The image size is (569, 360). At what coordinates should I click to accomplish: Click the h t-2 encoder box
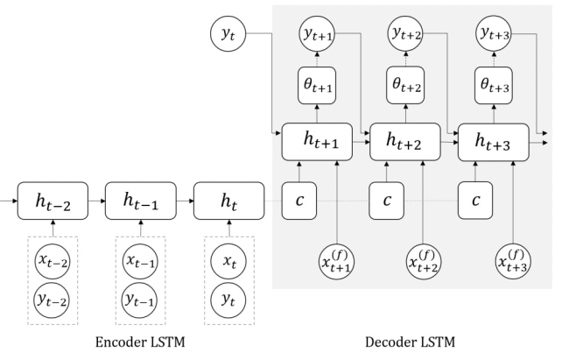pos(53,201)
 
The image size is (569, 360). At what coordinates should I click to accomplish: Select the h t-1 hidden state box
pos(141,201)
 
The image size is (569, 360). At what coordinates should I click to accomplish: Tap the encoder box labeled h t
pos(229,201)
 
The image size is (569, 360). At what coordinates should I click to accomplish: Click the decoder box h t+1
pos(317,142)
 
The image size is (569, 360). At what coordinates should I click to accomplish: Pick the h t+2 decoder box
pos(405,142)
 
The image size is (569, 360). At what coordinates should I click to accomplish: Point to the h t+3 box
pos(494,142)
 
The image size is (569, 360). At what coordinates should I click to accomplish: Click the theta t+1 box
pos(317,85)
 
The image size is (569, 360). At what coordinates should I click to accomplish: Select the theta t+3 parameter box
pos(494,85)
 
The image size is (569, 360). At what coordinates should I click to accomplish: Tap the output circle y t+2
pos(405,33)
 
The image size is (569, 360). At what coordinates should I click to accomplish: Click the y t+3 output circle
pos(494,33)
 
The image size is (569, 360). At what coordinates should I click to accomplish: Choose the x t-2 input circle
pos(53,262)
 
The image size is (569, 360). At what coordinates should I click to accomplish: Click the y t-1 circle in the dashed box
pos(140,300)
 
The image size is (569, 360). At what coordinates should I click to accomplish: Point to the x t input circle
pos(228,262)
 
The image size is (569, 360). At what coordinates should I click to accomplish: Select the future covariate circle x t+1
pos(337,262)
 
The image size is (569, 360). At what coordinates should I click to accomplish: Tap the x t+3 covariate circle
pos(513,262)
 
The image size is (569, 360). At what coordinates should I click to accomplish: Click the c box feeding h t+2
pos(386,201)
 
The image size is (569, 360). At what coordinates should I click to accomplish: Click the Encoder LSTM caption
pos(140,342)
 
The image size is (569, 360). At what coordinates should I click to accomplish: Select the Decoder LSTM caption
pos(410,342)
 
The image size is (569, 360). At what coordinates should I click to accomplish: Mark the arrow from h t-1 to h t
pos(185,201)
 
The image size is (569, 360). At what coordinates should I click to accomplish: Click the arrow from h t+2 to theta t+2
pos(405,114)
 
